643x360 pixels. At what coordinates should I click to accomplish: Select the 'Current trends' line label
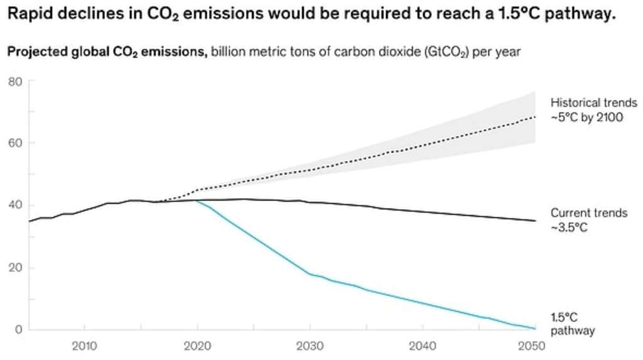[588, 213]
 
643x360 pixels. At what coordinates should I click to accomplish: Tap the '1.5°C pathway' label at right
[572, 323]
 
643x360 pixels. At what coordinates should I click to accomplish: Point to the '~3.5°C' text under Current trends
[569, 227]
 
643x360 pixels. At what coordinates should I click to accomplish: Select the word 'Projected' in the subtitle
[32, 52]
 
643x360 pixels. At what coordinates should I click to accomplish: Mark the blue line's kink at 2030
[309, 273]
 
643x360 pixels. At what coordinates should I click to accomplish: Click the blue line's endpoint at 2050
[535, 328]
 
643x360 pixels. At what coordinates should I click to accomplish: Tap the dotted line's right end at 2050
[535, 117]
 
